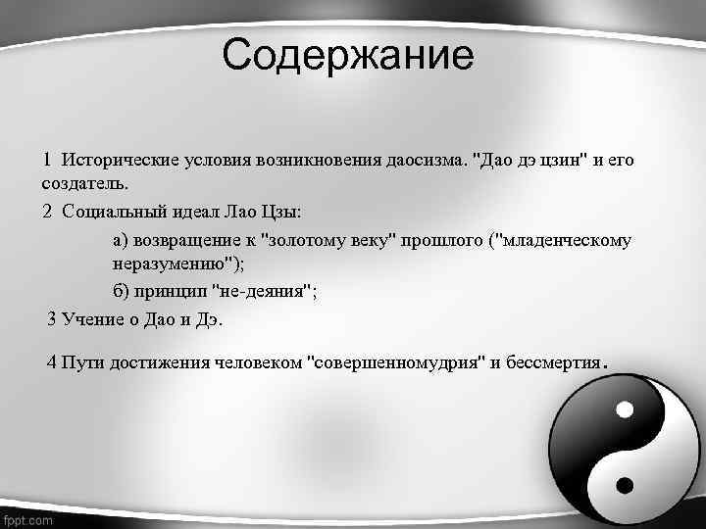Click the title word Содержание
pyautogui.click(x=347, y=56)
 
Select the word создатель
pyautogui.click(x=85, y=183)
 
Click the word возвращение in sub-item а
pyautogui.click(x=186, y=239)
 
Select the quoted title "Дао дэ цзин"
pyautogui.click(x=525, y=159)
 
